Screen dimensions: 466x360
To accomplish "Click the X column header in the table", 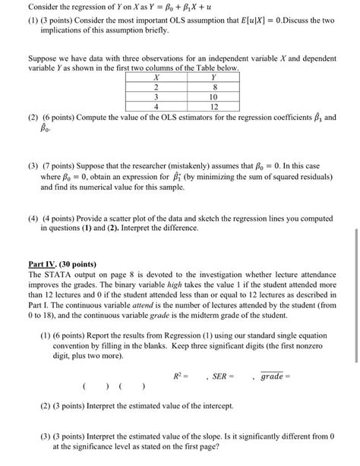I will (x=156, y=77).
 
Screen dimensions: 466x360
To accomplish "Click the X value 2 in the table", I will (x=156, y=87).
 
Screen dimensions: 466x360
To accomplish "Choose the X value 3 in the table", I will (x=156, y=97).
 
